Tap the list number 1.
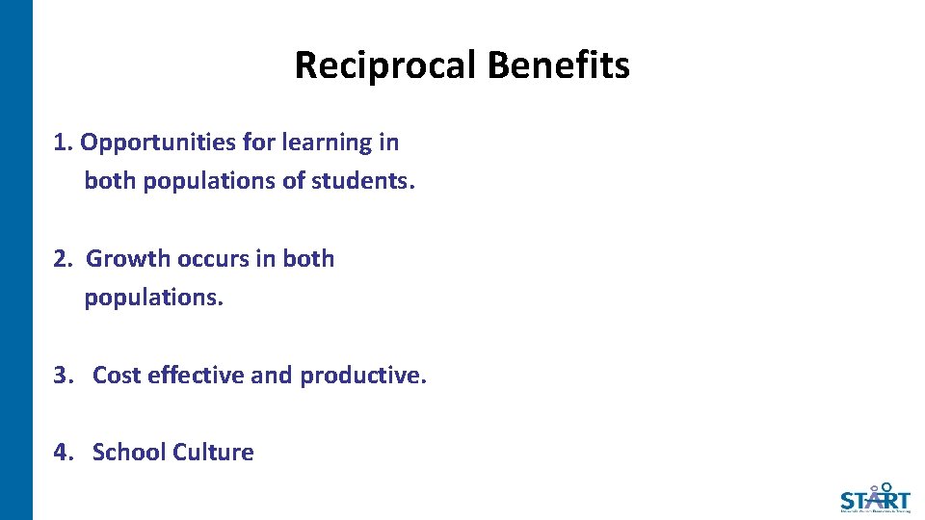63,143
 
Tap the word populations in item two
153,298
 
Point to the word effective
196,376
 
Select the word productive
362,376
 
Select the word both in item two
308,259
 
